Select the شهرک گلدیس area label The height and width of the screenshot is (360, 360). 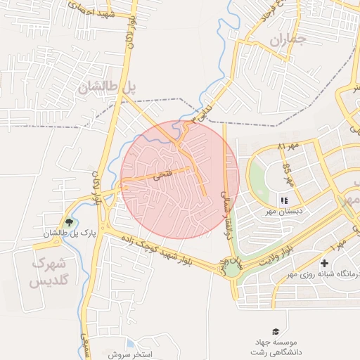click(x=49, y=272)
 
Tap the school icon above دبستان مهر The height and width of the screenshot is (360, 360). click(x=284, y=200)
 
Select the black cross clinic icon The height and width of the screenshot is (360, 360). click(x=324, y=263)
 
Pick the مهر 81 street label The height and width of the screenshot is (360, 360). click(x=288, y=146)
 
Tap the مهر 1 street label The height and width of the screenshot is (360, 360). click(x=337, y=246)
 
